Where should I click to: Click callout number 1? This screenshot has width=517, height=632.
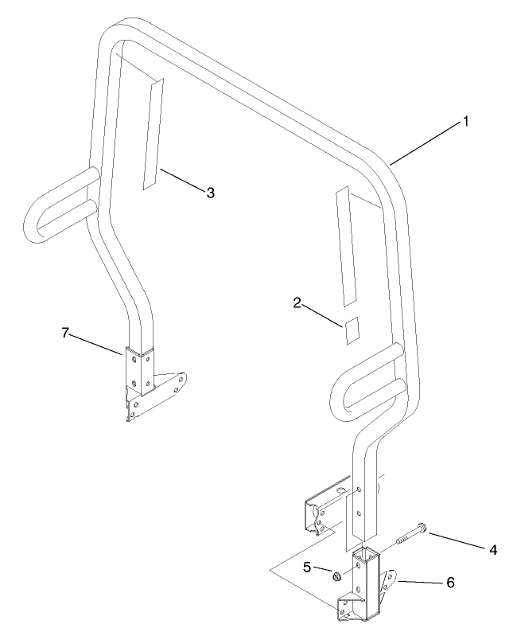[x=465, y=121]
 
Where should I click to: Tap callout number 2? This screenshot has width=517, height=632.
[x=297, y=302]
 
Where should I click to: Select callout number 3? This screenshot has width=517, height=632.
[x=210, y=193]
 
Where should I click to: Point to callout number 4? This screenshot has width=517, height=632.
[x=493, y=550]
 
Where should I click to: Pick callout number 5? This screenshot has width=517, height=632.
[x=307, y=568]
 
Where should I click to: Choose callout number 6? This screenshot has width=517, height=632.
[x=450, y=582]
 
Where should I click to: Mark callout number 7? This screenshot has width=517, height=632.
[x=65, y=333]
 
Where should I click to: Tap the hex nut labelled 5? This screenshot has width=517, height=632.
[x=337, y=576]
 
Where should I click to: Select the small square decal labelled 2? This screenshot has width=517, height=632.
[x=352, y=330]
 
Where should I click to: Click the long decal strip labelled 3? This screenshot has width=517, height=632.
[x=154, y=134]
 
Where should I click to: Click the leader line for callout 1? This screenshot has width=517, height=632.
[x=426, y=144]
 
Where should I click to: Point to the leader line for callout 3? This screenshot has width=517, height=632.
[x=182, y=179]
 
